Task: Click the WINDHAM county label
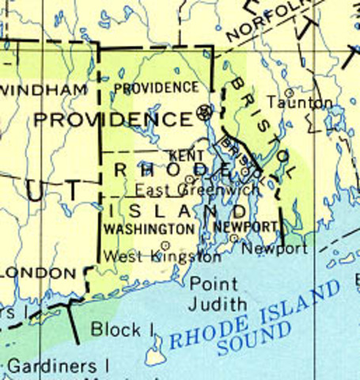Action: coord(43,90)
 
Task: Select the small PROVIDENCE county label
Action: coord(156,87)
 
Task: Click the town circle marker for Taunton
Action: coord(290,93)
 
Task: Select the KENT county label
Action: coord(187,156)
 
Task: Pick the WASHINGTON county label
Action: coord(149,228)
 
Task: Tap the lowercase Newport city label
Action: coord(274,249)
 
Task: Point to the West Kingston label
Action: coord(163,257)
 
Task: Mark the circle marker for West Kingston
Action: coord(165,245)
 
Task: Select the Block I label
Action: coord(122,328)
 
